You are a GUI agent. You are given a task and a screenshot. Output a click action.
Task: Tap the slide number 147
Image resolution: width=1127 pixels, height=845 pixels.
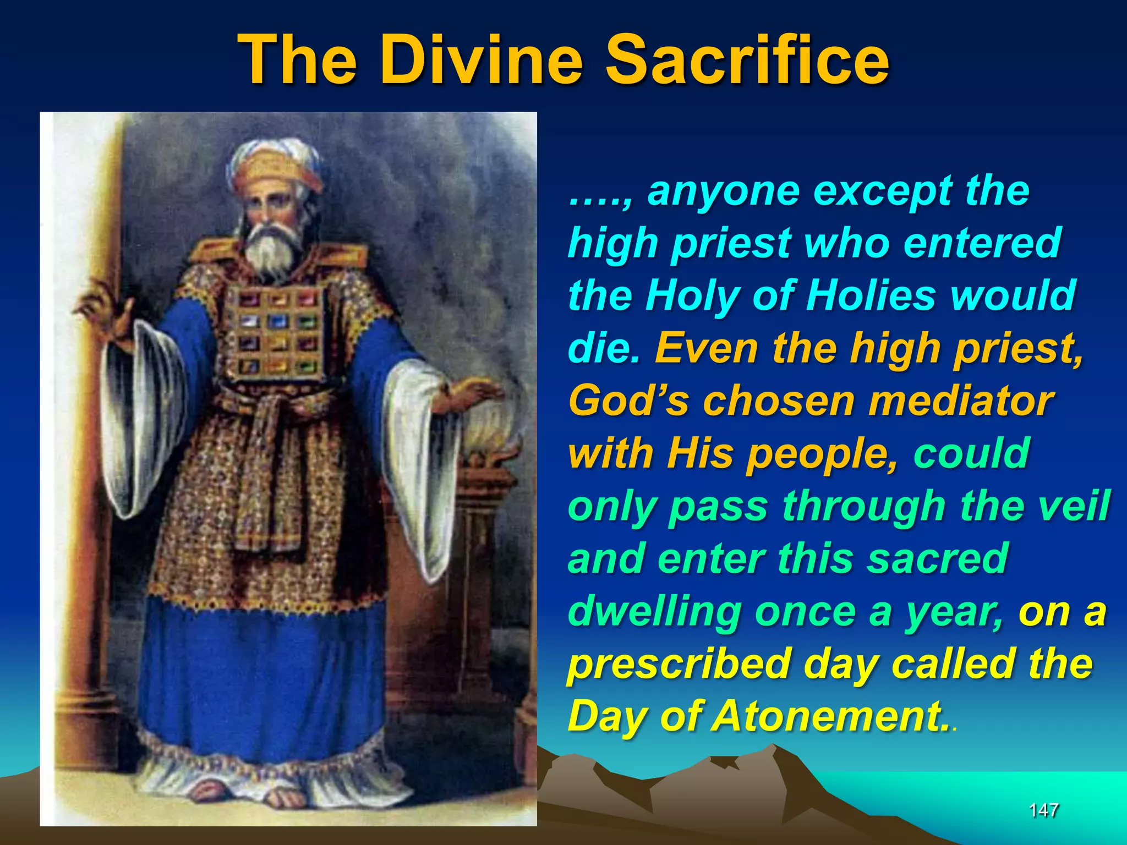click(1043, 810)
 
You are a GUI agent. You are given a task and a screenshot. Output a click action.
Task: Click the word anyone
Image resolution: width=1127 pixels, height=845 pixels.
click(723, 191)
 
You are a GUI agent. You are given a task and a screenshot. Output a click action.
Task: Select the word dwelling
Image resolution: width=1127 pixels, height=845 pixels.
click(655, 612)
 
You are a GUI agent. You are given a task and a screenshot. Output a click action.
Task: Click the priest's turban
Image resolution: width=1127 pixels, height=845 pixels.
click(275, 165)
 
